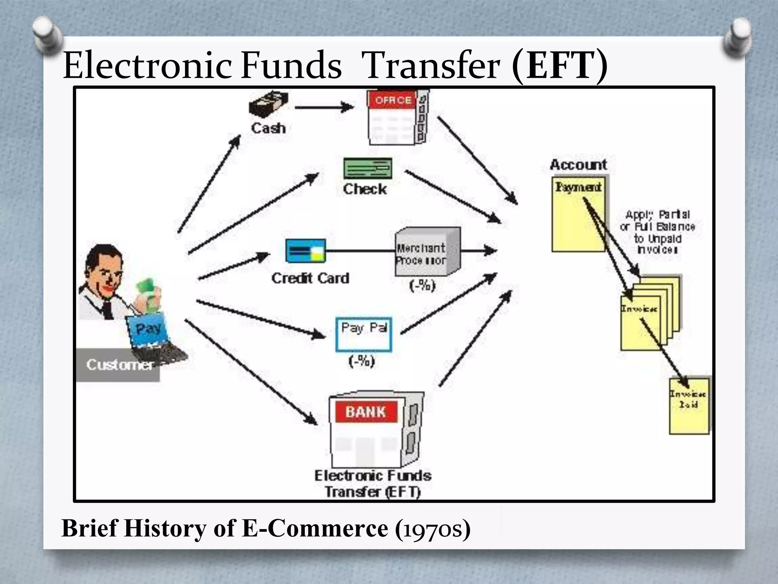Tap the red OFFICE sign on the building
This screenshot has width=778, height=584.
pos(393,100)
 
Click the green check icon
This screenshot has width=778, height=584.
pos(367,168)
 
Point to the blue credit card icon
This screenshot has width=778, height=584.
pos(305,251)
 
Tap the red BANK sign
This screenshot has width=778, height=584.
pos(366,412)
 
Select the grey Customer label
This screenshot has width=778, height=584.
pos(118,365)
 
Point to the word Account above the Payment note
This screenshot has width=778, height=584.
pos(578,165)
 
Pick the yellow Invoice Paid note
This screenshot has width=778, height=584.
pos(689,406)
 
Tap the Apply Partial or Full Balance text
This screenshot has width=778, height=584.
pos(657,232)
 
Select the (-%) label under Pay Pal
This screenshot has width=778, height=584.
pos(362,361)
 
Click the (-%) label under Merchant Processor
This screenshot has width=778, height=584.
pos(422,285)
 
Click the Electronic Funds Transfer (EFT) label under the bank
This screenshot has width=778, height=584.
pos(373,484)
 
